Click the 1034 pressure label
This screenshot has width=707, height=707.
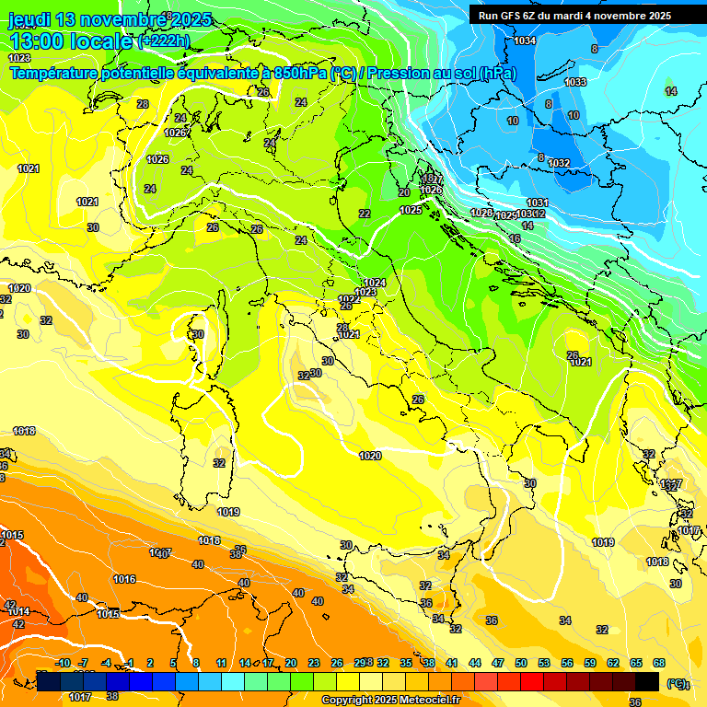tap(525, 41)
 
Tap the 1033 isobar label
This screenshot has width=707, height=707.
tap(575, 83)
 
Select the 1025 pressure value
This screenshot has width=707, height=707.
tap(411, 211)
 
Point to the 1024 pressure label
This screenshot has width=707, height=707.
tap(375, 283)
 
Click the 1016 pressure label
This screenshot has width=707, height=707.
tap(124, 579)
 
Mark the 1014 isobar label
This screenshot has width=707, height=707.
tap(17, 611)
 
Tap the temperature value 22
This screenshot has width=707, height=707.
tap(365, 214)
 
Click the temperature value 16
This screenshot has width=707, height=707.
tap(515, 238)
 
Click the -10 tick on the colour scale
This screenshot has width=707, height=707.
tap(63, 663)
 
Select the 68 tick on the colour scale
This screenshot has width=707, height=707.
tap(659, 663)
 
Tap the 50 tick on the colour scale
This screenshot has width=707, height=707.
tap(521, 663)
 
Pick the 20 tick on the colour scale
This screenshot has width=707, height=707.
tap(291, 663)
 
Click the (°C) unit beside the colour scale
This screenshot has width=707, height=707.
tap(678, 683)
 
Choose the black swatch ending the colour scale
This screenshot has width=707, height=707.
tap(647, 681)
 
